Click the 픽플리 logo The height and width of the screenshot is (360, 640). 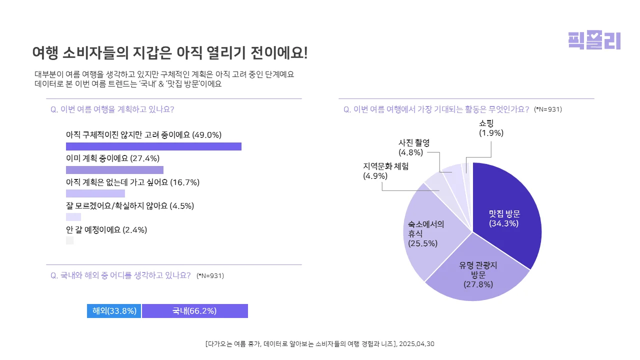pyautogui.click(x=594, y=40)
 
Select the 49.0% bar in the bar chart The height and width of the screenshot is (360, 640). pyautogui.click(x=153, y=146)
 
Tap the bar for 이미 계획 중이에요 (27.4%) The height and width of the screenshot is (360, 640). pyautogui.click(x=114, y=170)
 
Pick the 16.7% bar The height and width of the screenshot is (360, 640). pyautogui.click(x=95, y=193)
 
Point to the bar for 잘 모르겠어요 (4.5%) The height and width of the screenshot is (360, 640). pyautogui.click(x=73, y=217)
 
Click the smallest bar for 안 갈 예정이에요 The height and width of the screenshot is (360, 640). pyautogui.click(x=70, y=240)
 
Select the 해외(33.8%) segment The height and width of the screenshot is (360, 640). pyautogui.click(x=114, y=311)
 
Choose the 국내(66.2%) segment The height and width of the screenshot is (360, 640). pyautogui.click(x=194, y=311)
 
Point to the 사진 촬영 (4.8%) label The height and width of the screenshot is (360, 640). pyautogui.click(x=413, y=147)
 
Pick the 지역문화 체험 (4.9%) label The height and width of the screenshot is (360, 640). pyautogui.click(x=385, y=171)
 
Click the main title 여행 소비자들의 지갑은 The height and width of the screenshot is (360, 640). pyautogui.click(x=169, y=52)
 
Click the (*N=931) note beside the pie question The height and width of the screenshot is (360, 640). pyautogui.click(x=548, y=109)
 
